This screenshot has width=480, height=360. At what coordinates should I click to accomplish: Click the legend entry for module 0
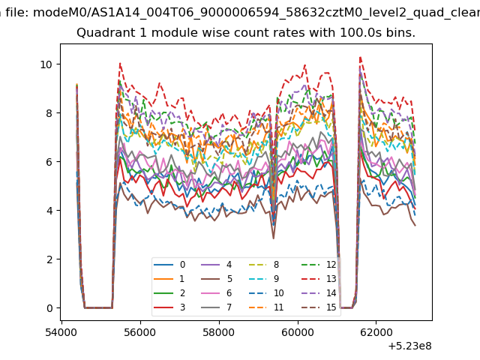click(169, 265)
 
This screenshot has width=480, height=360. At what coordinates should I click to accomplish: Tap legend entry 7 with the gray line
click(217, 307)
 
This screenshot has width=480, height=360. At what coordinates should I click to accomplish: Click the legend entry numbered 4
click(217, 265)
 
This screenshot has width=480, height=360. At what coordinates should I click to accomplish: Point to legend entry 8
click(265, 265)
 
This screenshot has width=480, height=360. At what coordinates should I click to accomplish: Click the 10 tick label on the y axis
click(46, 64)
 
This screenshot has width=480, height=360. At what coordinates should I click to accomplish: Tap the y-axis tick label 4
click(49, 211)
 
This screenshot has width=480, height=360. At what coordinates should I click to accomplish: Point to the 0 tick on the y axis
click(49, 308)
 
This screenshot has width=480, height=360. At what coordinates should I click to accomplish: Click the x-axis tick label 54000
click(61, 332)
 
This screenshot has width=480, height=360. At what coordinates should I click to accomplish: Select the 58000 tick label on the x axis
click(219, 332)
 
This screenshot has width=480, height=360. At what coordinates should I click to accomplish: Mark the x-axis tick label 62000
click(376, 332)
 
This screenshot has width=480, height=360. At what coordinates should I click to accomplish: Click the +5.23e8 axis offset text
click(410, 346)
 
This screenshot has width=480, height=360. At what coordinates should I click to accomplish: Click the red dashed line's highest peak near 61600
click(361, 57)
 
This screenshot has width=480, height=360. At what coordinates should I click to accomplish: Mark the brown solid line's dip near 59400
click(273, 238)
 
